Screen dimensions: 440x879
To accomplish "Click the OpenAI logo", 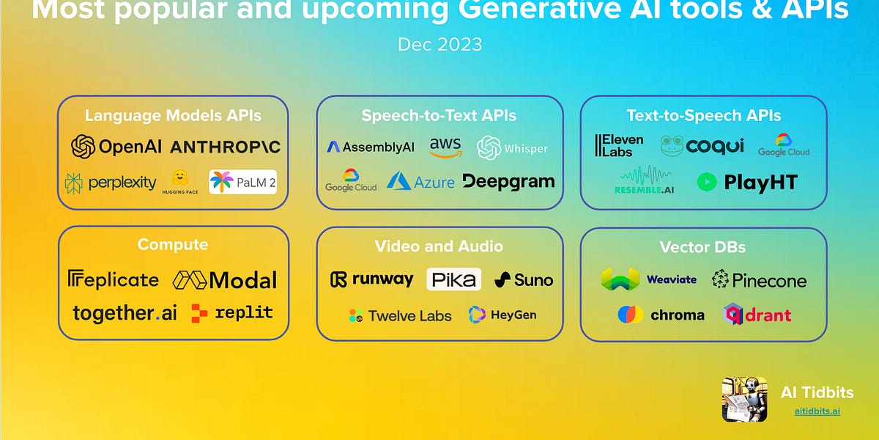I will pyautogui.click(x=116, y=147).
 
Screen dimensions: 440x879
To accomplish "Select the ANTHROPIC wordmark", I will pyautogui.click(x=225, y=147).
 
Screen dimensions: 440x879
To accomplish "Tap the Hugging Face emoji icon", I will pyautogui.click(x=179, y=179).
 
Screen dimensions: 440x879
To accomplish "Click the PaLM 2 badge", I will pyautogui.click(x=242, y=181).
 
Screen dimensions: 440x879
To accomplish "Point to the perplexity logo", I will pyautogui.click(x=111, y=183).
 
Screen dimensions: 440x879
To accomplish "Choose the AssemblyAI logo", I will pyautogui.click(x=370, y=147).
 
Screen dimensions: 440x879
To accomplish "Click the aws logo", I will pyautogui.click(x=445, y=147).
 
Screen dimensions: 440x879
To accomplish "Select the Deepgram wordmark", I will pyautogui.click(x=508, y=181).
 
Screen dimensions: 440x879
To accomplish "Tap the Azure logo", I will pyautogui.click(x=420, y=181).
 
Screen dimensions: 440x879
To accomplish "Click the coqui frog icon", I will pyautogui.click(x=672, y=146).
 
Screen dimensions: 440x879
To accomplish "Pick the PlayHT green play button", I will pyautogui.click(x=707, y=182).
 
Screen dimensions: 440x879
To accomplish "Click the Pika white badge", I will pyautogui.click(x=453, y=279).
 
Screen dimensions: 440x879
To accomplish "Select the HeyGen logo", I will pyautogui.click(x=502, y=315).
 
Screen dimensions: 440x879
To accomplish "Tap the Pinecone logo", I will pyautogui.click(x=759, y=280).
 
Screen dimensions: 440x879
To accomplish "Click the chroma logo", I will pyautogui.click(x=661, y=315).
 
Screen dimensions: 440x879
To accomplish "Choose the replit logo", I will pyautogui.click(x=231, y=313).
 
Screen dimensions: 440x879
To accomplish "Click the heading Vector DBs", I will pyautogui.click(x=702, y=246).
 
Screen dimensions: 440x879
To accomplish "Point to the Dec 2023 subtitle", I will pyautogui.click(x=439, y=44).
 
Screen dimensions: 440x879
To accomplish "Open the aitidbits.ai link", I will pyautogui.click(x=817, y=411).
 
